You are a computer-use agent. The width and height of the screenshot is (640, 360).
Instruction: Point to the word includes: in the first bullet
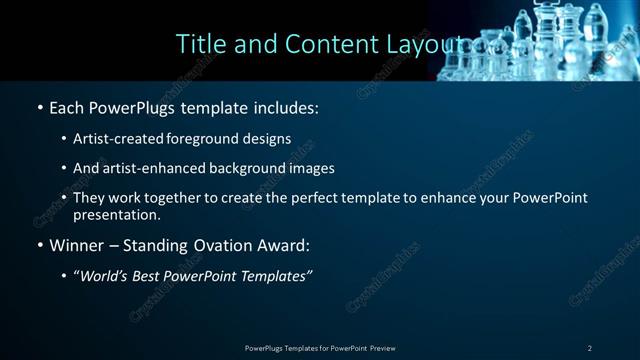point(284,106)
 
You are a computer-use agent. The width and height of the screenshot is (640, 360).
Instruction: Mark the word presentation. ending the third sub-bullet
point(116,214)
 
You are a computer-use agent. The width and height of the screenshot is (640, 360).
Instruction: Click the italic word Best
point(152,276)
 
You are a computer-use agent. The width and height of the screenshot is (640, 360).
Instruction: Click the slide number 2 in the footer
point(589,348)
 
